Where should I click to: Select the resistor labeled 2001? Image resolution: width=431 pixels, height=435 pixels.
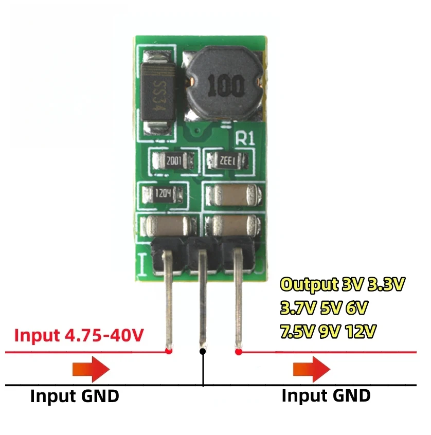pyautogui.click(x=173, y=161)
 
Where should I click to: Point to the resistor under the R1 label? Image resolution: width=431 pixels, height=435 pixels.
pyautogui.click(x=229, y=161)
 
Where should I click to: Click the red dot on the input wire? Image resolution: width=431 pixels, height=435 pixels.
pyautogui.click(x=169, y=351)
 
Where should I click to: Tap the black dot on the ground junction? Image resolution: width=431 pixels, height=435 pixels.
pyautogui.click(x=203, y=351)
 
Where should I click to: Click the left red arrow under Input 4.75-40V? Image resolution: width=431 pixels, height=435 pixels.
pyautogui.click(x=91, y=370)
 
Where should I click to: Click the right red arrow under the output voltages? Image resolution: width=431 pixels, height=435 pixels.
pyautogui.click(x=311, y=370)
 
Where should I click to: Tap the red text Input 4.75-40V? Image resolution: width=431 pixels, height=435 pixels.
pyautogui.click(x=79, y=335)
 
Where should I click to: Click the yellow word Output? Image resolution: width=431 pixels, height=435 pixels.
pyautogui.click(x=309, y=284)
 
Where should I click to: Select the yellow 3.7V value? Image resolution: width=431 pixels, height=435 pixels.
pyautogui.click(x=297, y=308)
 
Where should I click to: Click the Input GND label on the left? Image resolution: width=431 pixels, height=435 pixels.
pyautogui.click(x=75, y=396)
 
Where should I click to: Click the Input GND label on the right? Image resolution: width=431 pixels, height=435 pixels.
pyautogui.click(x=326, y=396)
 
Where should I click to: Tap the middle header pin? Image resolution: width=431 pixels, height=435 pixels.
pyautogui.click(x=203, y=298)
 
